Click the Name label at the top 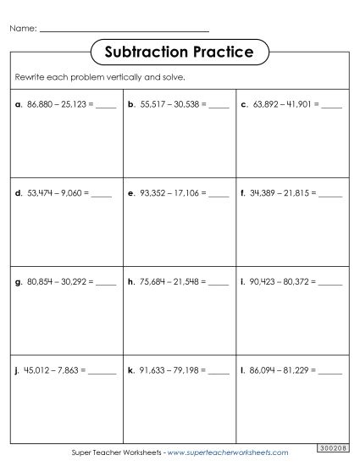coord(23,29)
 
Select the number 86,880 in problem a coord(41,106)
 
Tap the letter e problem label coord(131,192)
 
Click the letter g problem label coord(17,280)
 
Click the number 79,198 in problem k coord(186,370)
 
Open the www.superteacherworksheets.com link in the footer coord(229,453)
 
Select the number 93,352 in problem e coord(152,192)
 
